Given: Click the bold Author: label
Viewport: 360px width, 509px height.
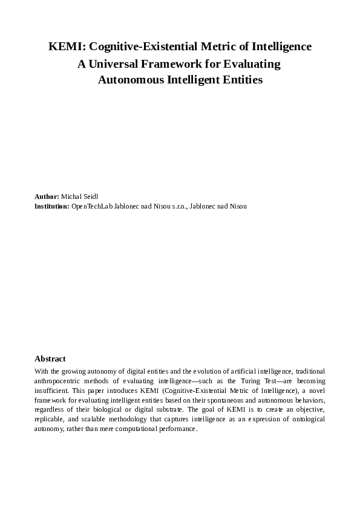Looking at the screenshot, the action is (47, 197).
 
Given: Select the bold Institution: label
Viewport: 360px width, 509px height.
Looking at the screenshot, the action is (52, 206).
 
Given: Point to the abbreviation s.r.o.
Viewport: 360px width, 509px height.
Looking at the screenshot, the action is (178, 206).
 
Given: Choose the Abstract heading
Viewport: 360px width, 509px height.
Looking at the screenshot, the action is (50, 358).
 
